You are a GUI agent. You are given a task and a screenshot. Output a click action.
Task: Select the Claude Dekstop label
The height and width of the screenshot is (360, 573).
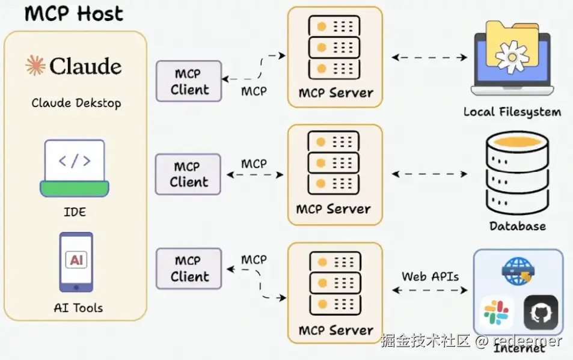[x=76, y=103]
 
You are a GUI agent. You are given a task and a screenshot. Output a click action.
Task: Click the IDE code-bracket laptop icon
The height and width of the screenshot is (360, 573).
[x=75, y=168]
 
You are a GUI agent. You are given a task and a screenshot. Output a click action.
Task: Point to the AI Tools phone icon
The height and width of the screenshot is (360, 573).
[x=76, y=261]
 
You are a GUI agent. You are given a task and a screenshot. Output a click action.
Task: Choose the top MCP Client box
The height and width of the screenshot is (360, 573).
[x=189, y=82]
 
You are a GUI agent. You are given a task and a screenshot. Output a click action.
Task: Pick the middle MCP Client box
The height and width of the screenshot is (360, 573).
[x=188, y=174]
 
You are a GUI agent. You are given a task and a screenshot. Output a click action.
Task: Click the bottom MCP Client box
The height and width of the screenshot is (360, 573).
[x=188, y=269]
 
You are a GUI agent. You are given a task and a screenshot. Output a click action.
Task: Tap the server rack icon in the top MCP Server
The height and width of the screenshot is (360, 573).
[x=334, y=46]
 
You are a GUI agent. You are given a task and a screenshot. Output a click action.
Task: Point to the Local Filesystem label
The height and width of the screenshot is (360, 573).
[x=512, y=112]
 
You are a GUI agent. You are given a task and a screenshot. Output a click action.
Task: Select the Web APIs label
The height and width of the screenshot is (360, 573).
[x=430, y=276]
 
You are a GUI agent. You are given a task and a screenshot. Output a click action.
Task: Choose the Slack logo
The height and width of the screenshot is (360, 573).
[x=497, y=313]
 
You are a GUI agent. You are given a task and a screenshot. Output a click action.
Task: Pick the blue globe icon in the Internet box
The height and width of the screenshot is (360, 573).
[x=517, y=270]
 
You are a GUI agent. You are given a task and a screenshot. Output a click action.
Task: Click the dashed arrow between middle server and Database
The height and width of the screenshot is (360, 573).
[x=430, y=174]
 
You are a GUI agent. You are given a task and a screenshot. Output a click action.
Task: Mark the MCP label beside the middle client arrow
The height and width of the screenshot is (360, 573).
[x=254, y=163]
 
